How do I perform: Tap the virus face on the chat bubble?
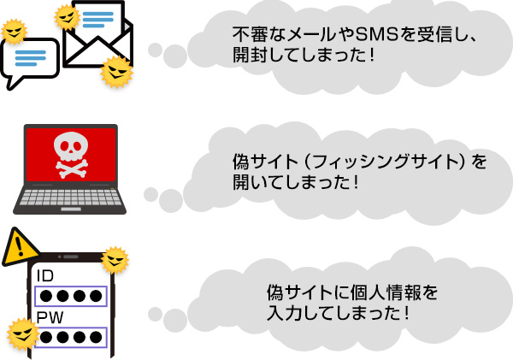(x=14, y=31)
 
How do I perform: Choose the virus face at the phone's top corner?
(x=114, y=258)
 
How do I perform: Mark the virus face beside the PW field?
(x=19, y=333)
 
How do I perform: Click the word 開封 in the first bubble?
(x=247, y=56)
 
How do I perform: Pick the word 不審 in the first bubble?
(x=248, y=36)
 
